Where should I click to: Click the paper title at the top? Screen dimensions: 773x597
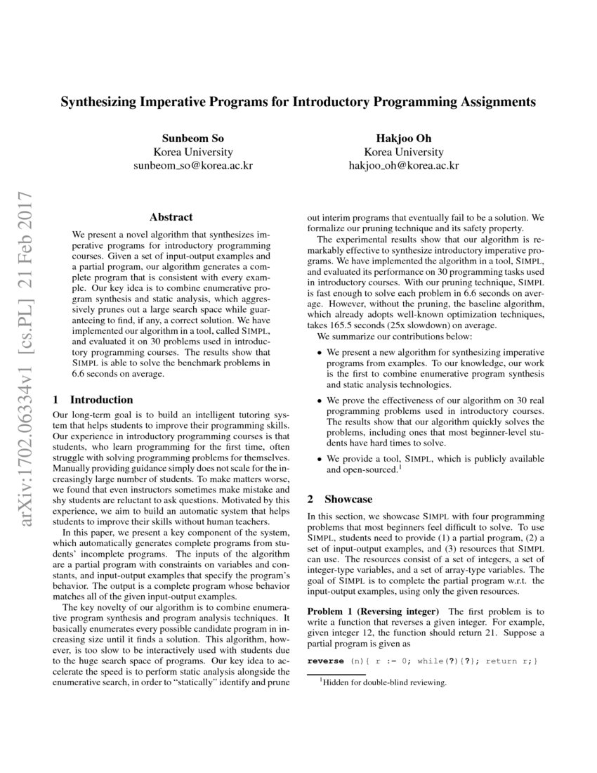point(298,102)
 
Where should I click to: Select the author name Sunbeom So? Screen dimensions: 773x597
point(193,138)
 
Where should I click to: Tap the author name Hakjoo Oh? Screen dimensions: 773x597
point(403,138)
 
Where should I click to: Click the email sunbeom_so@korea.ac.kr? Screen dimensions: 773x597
point(193,166)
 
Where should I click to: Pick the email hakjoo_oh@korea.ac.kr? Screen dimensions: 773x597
point(403,166)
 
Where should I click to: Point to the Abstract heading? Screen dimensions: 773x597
point(171,217)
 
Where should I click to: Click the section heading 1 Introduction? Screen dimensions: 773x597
point(93,399)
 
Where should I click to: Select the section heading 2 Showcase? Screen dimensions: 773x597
point(340,499)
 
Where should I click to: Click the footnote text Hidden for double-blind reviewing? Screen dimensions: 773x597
point(383,682)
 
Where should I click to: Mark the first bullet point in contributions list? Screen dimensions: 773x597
point(320,351)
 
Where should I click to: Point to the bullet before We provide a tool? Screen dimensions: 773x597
point(320,459)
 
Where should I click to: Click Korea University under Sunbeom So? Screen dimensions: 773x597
point(193,152)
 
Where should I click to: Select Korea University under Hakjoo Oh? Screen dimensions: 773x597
point(403,152)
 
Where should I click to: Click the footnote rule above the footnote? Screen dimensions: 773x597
point(332,675)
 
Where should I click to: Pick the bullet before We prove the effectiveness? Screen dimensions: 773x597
point(320,400)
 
